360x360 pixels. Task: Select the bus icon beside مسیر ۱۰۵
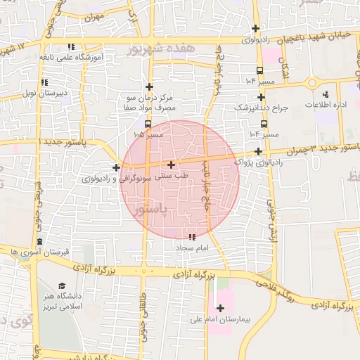[x=147, y=124]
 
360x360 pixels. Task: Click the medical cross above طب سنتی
[x=172, y=165]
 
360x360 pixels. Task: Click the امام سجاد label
[x=189, y=249]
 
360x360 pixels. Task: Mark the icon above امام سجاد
[x=193, y=237]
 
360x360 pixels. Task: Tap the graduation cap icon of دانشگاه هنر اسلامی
[x=63, y=286]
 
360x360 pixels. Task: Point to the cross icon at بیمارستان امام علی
[x=220, y=308]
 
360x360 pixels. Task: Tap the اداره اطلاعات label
[x=324, y=104]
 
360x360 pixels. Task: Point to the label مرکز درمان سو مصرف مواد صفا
[x=148, y=103]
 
